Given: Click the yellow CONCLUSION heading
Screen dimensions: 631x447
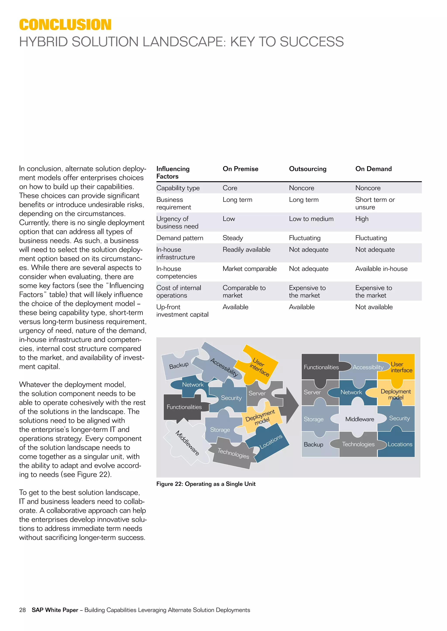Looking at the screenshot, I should [65, 25].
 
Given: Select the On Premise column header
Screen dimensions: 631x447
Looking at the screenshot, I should [240, 169].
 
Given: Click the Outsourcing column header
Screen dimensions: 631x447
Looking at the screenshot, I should [308, 169].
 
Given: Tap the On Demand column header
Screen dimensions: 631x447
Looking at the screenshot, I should [373, 169].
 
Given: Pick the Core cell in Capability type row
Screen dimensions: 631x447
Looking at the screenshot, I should [230, 188].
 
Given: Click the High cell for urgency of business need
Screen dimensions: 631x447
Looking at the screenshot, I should [362, 219].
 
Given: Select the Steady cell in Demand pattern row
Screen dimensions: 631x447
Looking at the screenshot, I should [233, 238].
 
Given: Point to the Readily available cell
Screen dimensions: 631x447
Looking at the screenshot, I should [246, 249].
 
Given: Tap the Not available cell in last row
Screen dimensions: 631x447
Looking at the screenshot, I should [374, 307].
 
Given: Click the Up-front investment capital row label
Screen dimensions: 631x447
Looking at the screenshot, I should [182, 310].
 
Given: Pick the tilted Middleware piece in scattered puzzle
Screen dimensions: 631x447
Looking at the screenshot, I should [187, 443].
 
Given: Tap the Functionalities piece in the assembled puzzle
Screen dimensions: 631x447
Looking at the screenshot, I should [321, 367].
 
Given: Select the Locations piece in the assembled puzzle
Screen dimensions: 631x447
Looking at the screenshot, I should [400, 444].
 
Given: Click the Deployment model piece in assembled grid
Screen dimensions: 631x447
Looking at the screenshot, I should [395, 394].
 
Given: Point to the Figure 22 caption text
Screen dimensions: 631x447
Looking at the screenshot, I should [206, 484].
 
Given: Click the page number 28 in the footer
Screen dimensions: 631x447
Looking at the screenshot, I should [22, 610].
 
